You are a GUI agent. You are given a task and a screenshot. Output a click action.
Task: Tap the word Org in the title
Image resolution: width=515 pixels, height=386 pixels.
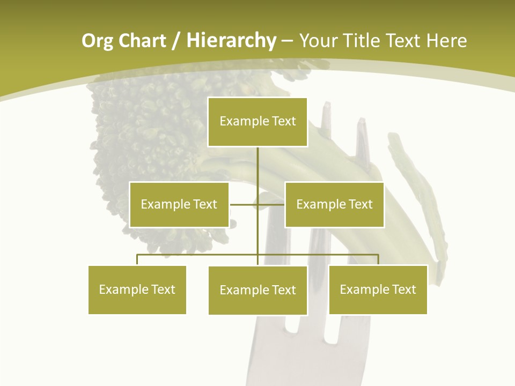point(98,41)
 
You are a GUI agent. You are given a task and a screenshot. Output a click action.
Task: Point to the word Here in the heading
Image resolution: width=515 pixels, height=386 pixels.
point(446,41)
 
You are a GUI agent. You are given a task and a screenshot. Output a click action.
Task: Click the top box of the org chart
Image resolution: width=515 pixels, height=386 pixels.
point(257,122)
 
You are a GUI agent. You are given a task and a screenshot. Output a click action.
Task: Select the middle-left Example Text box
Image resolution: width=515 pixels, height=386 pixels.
point(179,204)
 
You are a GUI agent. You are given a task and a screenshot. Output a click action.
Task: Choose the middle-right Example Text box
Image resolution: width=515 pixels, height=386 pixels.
point(334,204)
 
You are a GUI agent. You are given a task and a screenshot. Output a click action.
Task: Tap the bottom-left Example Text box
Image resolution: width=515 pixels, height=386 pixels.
point(137,289)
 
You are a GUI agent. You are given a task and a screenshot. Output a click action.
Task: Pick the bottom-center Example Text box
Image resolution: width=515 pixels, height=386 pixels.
point(257,290)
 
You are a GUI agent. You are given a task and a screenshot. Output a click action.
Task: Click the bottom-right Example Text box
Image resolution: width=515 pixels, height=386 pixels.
point(378,289)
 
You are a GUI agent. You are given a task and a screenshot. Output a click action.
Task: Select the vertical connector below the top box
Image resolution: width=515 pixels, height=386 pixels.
point(257,166)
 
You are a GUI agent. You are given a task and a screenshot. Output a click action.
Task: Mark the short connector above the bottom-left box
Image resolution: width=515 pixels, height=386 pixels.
point(137,259)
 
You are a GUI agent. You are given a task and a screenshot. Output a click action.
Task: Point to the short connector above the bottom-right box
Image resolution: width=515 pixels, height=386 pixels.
point(378,259)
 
